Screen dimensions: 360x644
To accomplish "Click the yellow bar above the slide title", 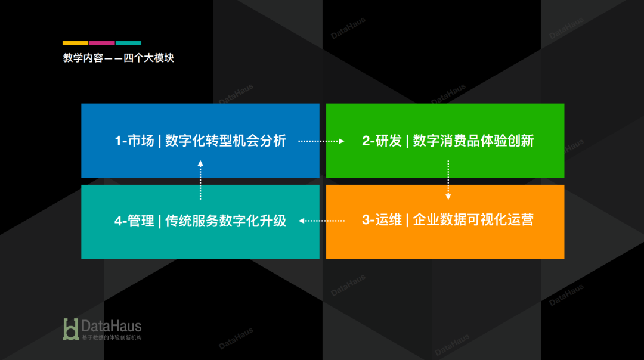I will (75, 43).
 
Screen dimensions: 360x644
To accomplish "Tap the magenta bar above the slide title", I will (102, 43).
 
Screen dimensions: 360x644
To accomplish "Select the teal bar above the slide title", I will (128, 43).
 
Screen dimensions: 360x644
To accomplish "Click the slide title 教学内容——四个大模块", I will (118, 58).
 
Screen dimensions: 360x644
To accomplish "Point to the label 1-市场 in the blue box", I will (134, 141).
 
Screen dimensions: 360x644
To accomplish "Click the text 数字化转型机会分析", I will (226, 141).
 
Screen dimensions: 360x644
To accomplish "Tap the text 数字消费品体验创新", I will (473, 141).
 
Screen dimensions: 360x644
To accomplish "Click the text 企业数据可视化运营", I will (473, 220).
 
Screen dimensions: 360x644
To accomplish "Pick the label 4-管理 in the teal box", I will (134, 221).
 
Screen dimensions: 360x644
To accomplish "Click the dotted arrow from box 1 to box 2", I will (321, 141).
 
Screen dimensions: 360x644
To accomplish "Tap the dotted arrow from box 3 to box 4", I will (321, 221).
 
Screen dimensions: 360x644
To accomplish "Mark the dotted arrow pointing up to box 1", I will (200, 180).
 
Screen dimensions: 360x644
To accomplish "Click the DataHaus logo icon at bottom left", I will (71, 329).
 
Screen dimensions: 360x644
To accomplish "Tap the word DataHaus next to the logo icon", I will (112, 326).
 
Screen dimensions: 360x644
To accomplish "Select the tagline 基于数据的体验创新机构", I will (112, 337).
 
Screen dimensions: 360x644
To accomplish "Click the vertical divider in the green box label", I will (407, 141).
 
